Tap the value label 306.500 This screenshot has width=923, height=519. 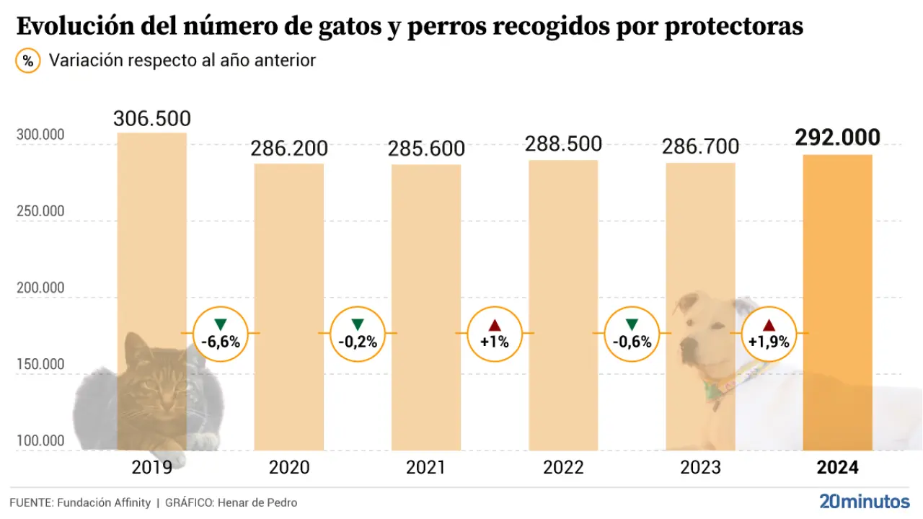152,118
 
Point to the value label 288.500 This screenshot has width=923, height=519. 563,143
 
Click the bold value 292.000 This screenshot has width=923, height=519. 837,138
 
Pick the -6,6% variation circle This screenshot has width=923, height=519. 220,334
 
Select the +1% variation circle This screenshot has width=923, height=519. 494,334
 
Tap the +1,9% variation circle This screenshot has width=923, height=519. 769,334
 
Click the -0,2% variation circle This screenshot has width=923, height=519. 357,334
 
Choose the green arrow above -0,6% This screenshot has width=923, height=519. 632,324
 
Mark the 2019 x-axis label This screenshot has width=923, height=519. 151,468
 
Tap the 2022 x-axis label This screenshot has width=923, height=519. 563,468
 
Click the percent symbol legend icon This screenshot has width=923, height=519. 28,61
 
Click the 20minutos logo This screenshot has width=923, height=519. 864,502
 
